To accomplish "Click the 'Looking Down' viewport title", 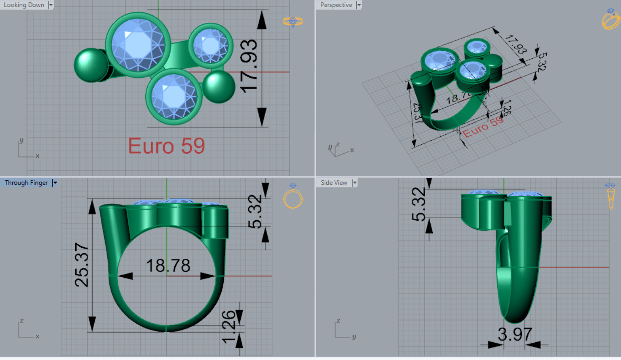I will point(24,5).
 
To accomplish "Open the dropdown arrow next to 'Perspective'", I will point(359,5).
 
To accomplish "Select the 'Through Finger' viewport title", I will point(26,183).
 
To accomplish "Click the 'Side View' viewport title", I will point(334,183).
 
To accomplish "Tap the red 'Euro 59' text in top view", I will point(166,146).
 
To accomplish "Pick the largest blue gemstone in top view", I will point(138,45).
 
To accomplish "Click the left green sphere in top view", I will point(90,65).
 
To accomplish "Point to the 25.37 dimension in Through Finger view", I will point(82,265).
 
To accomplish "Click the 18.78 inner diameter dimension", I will point(168,266).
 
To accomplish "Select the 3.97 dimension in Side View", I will point(515,335).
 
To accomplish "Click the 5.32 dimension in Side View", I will point(419,204).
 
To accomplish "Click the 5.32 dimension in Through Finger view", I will point(255,211).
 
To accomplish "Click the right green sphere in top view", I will point(219,87).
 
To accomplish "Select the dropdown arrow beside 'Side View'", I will point(355,183).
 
